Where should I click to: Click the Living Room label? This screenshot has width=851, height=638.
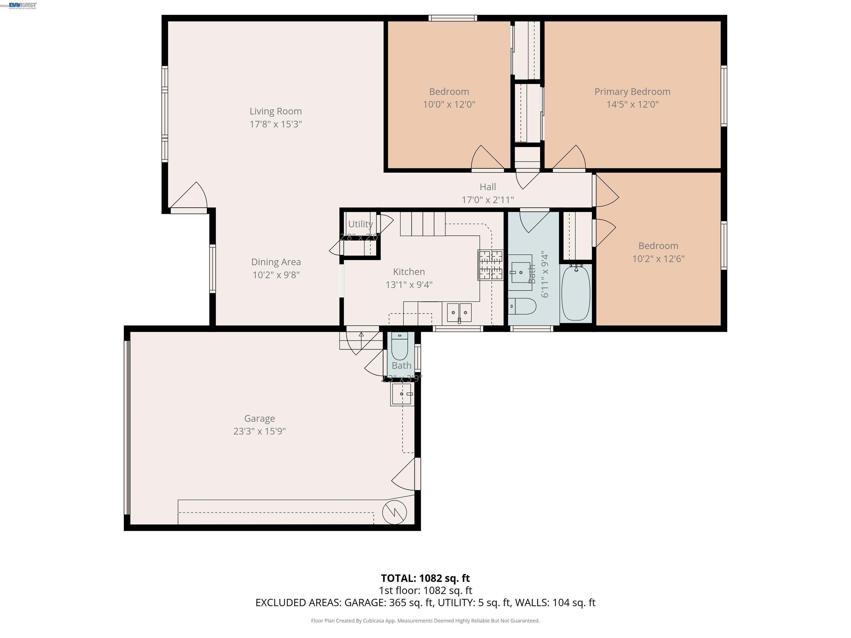click(275, 111)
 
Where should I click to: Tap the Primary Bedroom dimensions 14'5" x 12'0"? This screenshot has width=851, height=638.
click(632, 104)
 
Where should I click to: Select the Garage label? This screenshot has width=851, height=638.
click(259, 418)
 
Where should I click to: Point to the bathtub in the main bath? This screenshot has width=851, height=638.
click(576, 293)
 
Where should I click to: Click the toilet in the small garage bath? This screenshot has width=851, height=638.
click(399, 346)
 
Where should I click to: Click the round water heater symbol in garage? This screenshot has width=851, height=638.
click(394, 512)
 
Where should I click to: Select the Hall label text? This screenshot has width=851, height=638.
click(488, 187)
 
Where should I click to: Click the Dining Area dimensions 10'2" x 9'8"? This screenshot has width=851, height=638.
click(276, 275)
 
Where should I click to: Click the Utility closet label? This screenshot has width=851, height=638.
click(360, 224)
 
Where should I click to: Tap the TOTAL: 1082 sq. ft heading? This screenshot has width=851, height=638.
click(425, 578)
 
